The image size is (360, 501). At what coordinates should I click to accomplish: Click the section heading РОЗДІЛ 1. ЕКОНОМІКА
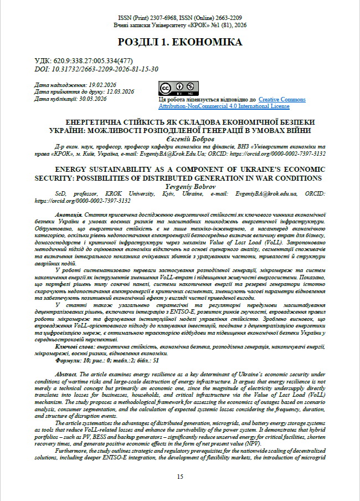(179, 42)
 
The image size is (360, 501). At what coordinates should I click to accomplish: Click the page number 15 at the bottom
(180, 476)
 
